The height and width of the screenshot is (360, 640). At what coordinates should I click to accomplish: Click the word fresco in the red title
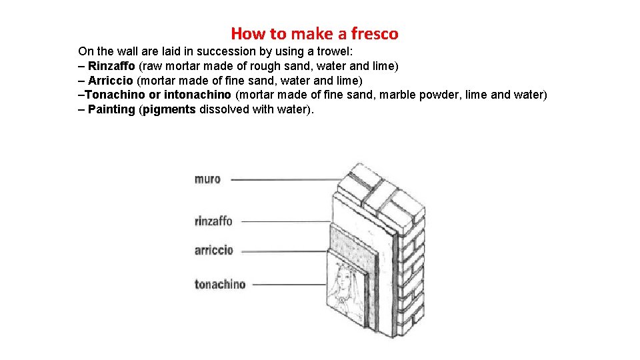click(375, 33)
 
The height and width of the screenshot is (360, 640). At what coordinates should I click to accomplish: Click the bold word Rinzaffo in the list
click(111, 66)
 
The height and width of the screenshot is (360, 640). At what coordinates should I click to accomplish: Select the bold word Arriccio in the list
click(111, 81)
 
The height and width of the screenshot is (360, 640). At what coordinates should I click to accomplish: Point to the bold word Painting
click(111, 109)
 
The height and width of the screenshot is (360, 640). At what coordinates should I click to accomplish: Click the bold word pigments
click(169, 110)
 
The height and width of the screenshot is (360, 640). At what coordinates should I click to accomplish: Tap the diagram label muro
click(207, 179)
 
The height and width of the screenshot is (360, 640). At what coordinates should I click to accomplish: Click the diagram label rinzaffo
click(213, 221)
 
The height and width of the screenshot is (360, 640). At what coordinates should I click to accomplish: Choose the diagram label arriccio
click(214, 250)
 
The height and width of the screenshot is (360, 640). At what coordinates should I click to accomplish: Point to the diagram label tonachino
click(220, 284)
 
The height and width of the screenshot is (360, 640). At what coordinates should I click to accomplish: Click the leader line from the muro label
click(287, 179)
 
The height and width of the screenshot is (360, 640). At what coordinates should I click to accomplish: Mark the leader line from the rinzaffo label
click(286, 221)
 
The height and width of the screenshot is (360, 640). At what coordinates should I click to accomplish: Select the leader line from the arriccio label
click(284, 251)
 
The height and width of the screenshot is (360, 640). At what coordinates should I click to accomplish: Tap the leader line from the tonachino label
click(289, 285)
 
